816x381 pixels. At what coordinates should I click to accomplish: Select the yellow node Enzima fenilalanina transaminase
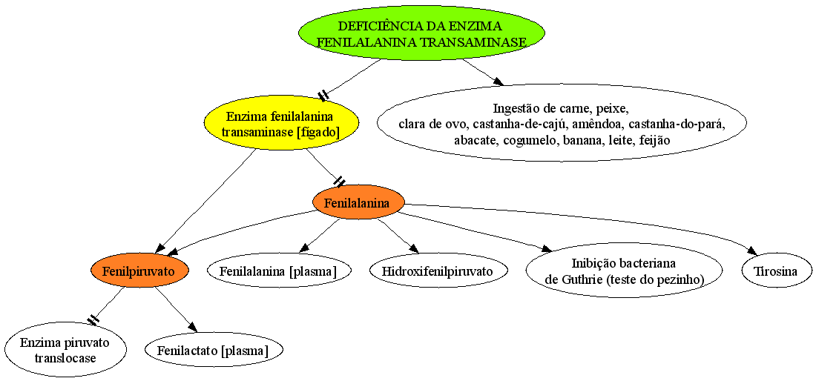(280, 122)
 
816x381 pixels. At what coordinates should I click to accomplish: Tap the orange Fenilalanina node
(358, 202)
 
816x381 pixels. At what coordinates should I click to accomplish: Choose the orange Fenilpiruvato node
(139, 271)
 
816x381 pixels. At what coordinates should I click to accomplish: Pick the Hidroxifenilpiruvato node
(438, 271)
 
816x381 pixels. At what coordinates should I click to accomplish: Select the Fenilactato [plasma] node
(214, 351)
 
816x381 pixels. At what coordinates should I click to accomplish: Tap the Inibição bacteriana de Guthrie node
(624, 271)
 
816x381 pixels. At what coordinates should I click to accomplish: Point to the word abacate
(476, 140)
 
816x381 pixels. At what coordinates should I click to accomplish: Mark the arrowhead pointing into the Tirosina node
(752, 251)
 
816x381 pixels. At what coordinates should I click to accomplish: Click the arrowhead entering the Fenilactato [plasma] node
(193, 326)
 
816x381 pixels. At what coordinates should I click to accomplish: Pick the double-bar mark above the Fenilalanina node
(339, 182)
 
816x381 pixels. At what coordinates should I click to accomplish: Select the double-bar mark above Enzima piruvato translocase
(93, 320)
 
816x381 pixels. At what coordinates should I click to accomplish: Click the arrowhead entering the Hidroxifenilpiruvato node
(414, 248)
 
